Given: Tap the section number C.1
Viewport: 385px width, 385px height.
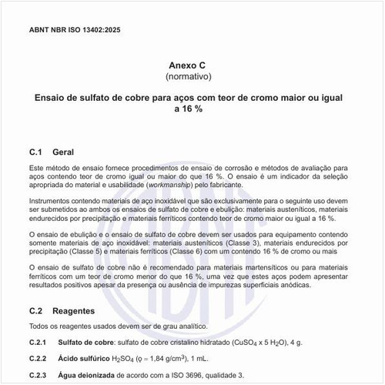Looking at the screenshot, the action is coord(37,152).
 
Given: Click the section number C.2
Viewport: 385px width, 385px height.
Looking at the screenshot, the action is coord(37,311).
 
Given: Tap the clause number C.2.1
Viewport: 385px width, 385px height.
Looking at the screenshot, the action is coord(38,341).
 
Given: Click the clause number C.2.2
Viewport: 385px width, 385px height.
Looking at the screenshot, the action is coord(38,358).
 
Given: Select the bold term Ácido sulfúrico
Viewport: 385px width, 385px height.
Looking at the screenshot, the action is coord(83,358).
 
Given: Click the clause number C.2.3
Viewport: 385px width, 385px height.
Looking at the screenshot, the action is coord(38,375).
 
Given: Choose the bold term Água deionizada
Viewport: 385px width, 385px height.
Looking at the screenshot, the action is coord(85,375).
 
